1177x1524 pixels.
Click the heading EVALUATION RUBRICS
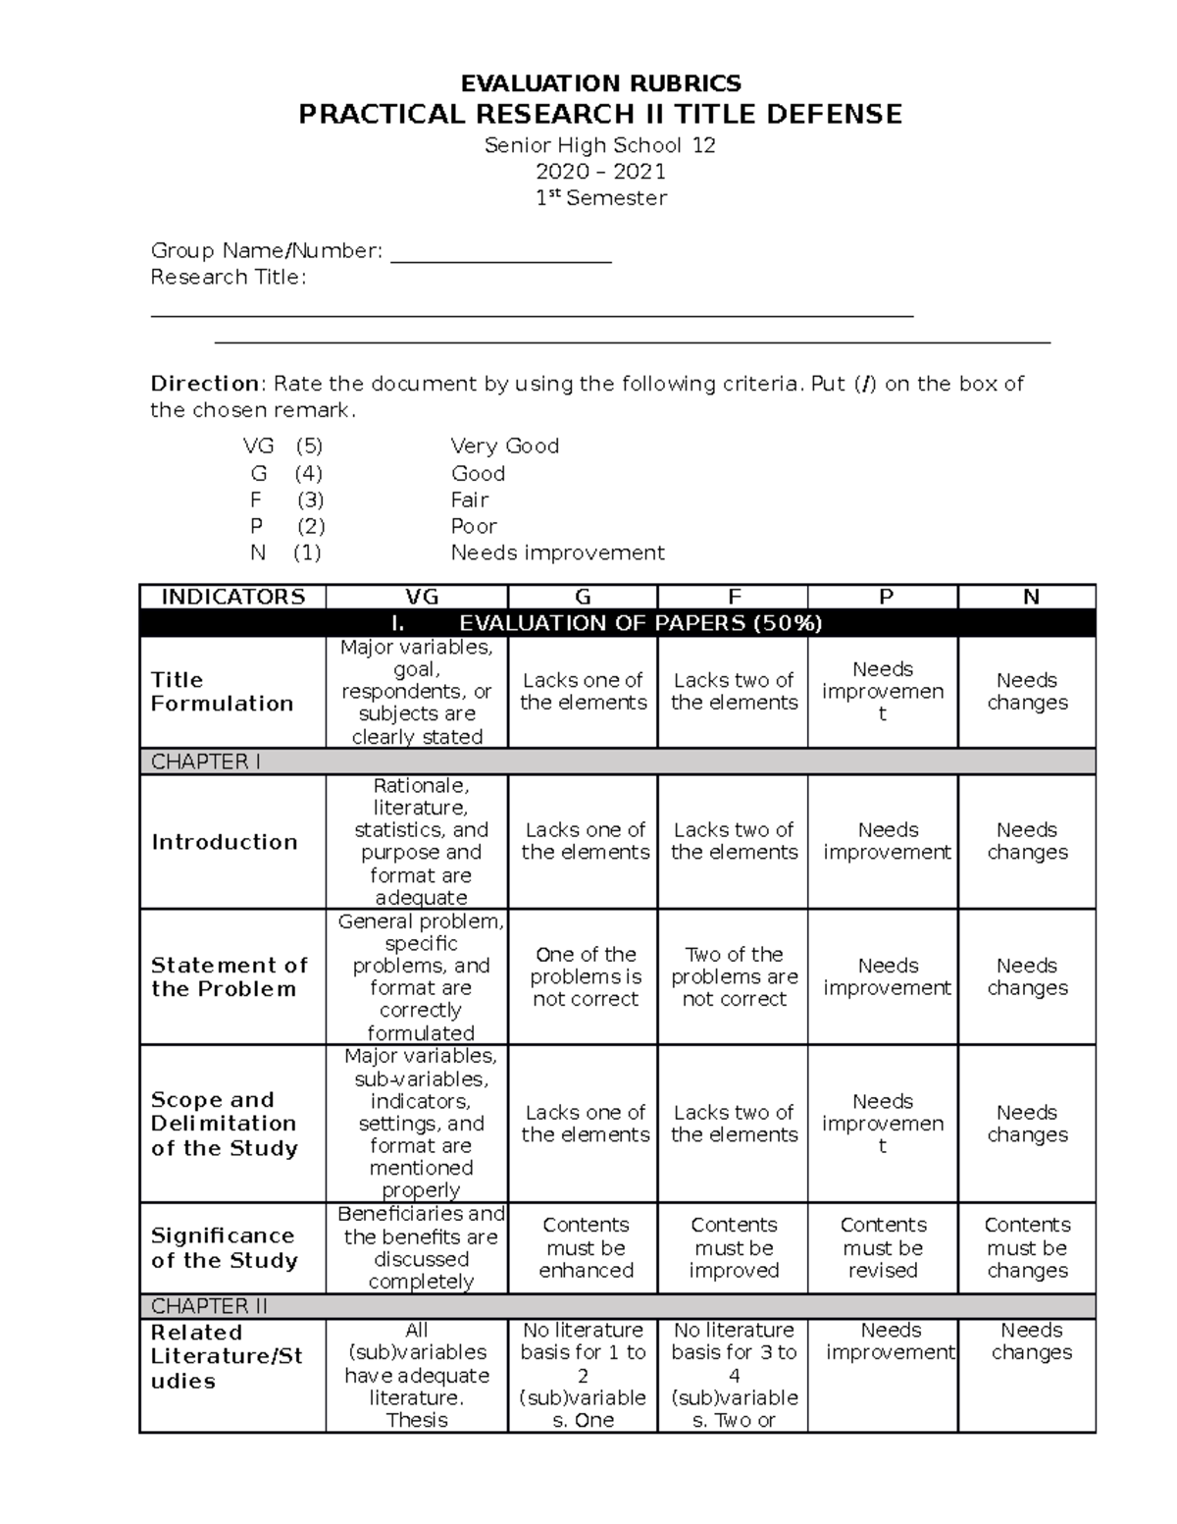click(600, 82)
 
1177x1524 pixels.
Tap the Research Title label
click(228, 278)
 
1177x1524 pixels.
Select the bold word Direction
click(204, 384)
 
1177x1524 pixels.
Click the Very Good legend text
click(504, 447)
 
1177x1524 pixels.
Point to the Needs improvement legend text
click(557, 553)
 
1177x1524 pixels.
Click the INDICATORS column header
click(232, 597)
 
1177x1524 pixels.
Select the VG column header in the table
click(417, 597)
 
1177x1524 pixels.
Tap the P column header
click(883, 597)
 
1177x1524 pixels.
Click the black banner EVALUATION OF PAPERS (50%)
click(618, 623)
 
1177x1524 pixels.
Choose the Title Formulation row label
click(222, 692)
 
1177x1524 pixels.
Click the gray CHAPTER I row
click(618, 762)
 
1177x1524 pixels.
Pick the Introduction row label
click(224, 842)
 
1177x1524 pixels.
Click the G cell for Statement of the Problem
click(585, 976)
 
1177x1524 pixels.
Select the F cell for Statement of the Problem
click(734, 976)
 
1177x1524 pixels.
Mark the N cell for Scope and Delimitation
click(1027, 1124)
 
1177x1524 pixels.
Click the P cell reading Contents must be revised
click(883, 1247)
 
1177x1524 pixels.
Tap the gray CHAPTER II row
click(618, 1306)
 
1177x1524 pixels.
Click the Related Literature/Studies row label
click(226, 1356)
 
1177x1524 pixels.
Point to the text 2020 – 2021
click(600, 172)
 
